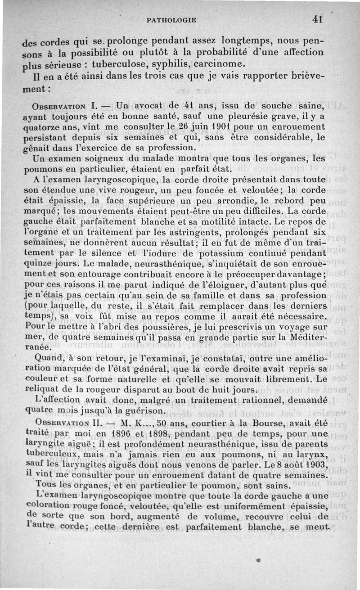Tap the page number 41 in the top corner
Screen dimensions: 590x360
click(318, 19)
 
